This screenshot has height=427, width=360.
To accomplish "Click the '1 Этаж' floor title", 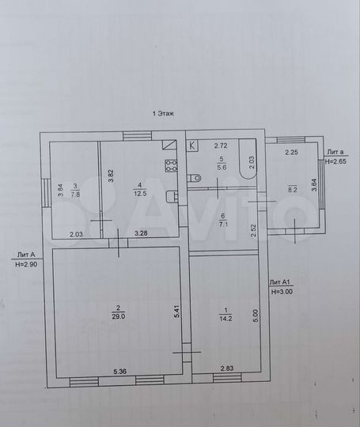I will point(162,113).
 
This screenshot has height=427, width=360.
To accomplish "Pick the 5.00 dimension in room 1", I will point(256,315).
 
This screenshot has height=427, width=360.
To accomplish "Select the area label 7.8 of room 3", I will point(74,192).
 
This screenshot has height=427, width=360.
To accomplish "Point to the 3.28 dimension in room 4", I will point(142,233).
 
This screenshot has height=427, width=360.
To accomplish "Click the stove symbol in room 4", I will point(169,165).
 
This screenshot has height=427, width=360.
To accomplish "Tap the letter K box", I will point(192,145).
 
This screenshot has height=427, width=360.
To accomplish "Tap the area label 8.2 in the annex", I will point(291,190).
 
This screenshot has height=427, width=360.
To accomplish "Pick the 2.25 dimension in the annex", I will point(291,153).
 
